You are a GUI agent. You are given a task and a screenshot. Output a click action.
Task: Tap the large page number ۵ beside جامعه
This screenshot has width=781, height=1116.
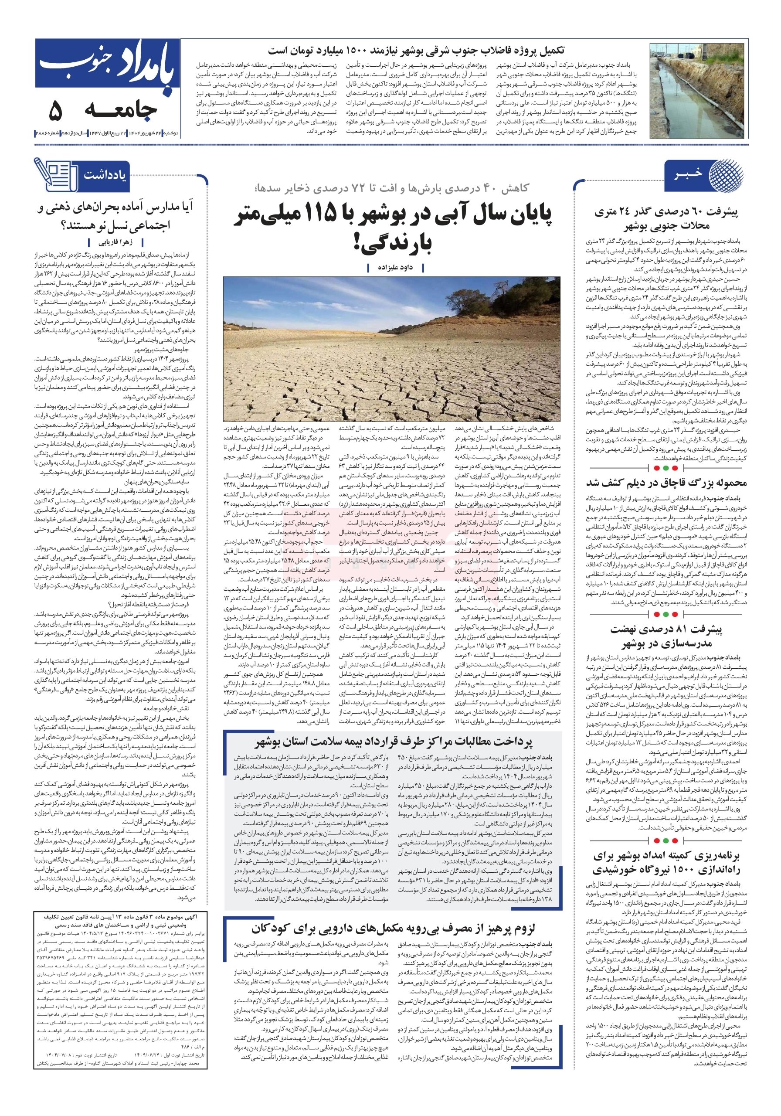(55, 111)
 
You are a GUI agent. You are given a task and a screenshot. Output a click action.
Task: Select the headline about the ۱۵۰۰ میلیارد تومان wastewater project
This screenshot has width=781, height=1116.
(416, 51)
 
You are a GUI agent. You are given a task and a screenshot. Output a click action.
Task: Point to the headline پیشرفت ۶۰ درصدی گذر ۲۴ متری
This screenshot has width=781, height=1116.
(666, 218)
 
